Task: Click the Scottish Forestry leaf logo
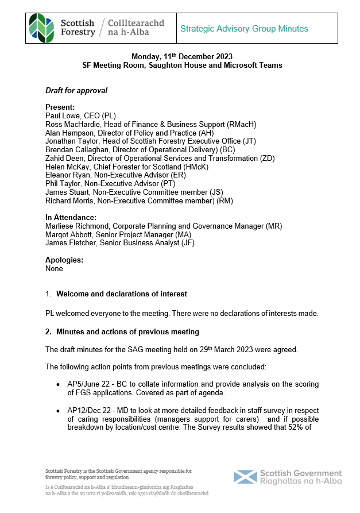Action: coord(43,26)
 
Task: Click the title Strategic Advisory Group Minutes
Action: coord(244,29)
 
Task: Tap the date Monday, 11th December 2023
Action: coord(181,56)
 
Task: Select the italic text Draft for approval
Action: coord(76,91)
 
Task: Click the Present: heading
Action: coord(60,107)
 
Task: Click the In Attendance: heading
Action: coord(71,218)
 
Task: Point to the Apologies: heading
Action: coord(64,260)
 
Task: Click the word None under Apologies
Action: coord(54,268)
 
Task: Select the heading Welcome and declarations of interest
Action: coord(121,294)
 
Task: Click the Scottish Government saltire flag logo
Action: coord(245,477)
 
